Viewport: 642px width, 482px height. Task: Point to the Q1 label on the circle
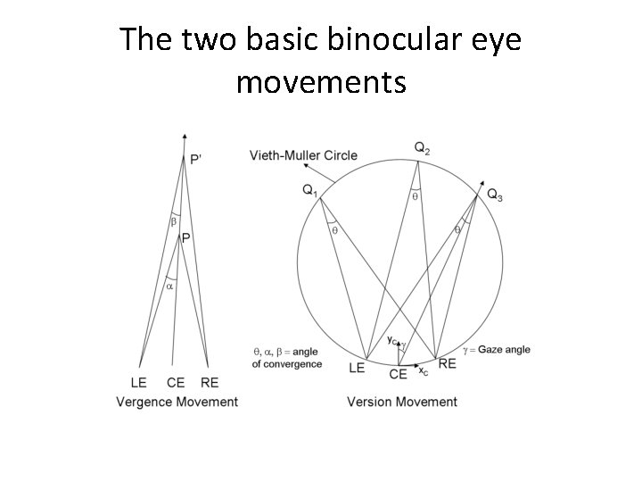coord(309,190)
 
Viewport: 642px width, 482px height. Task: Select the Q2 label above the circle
coord(422,148)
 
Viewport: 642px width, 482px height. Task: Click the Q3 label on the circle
coord(494,195)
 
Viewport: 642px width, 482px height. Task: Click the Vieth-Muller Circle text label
coord(303,155)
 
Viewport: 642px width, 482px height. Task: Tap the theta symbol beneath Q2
coord(415,196)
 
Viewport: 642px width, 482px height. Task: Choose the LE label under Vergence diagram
coord(139,383)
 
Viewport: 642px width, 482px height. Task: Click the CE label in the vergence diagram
coord(176,383)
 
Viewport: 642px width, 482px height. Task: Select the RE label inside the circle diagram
coord(448,363)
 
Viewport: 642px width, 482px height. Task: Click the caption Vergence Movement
coord(177,402)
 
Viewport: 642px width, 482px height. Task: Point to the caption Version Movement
coord(402,402)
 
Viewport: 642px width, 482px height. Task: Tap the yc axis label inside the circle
coord(392,339)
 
